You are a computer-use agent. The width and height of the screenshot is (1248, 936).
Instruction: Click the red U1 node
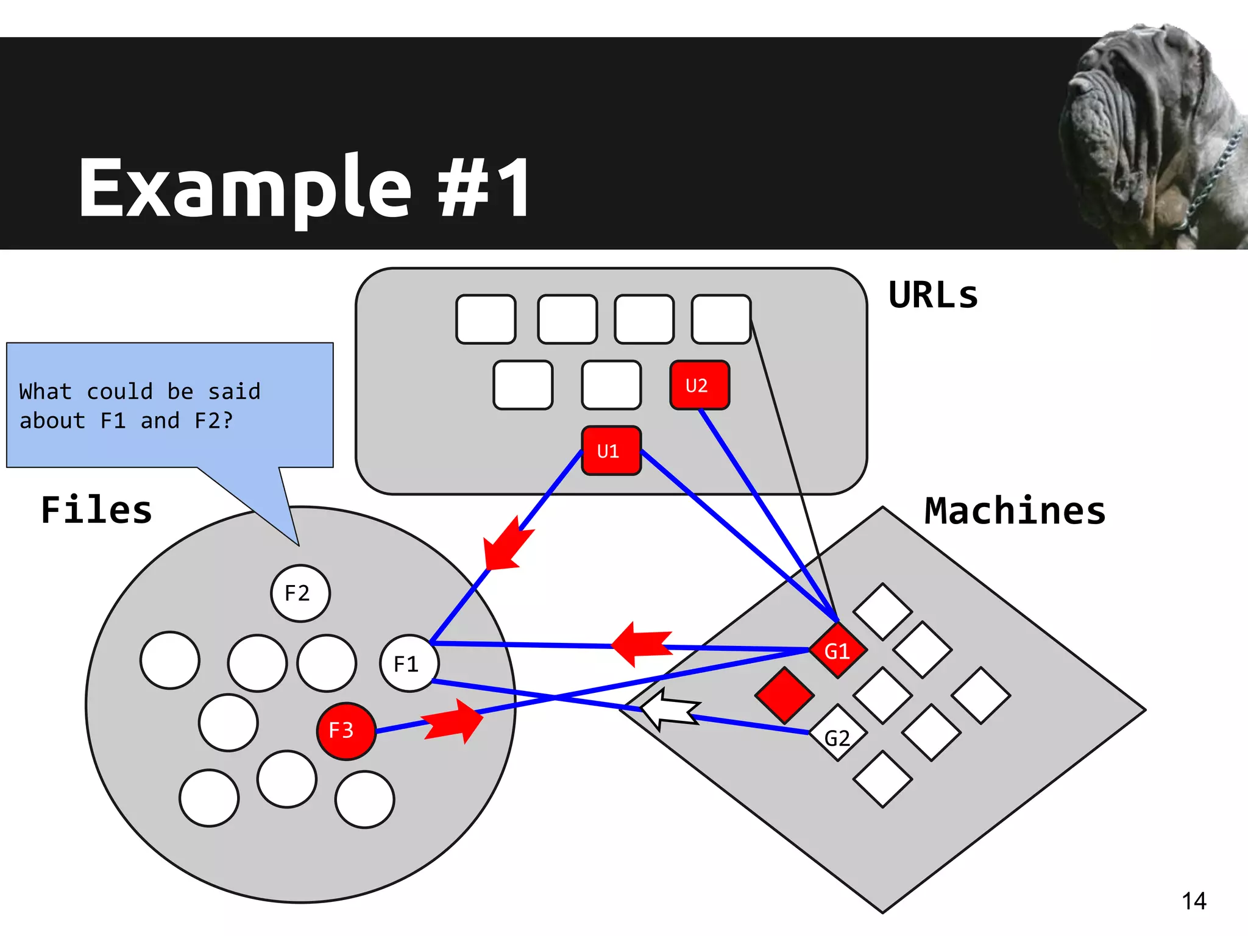click(x=611, y=451)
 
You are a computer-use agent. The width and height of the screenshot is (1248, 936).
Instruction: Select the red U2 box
click(x=699, y=385)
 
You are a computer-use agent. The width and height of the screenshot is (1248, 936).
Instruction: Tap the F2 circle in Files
click(x=300, y=593)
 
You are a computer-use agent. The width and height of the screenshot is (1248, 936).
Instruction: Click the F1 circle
click(x=408, y=663)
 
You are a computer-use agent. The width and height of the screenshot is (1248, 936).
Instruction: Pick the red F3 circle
click(x=345, y=731)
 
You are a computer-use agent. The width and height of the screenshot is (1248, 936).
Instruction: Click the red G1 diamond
click(x=838, y=651)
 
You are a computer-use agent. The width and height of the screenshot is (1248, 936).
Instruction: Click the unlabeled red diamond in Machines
click(x=784, y=695)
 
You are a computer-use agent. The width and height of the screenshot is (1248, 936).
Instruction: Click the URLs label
click(x=933, y=296)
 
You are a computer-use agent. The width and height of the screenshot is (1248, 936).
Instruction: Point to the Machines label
click(x=1015, y=511)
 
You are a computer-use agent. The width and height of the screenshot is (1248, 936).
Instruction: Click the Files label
click(x=96, y=510)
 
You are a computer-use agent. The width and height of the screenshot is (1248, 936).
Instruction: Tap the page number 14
click(x=1193, y=901)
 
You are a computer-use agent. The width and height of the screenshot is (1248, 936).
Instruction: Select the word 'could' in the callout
click(x=119, y=391)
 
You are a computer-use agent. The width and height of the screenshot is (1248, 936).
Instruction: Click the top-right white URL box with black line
click(x=721, y=319)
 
